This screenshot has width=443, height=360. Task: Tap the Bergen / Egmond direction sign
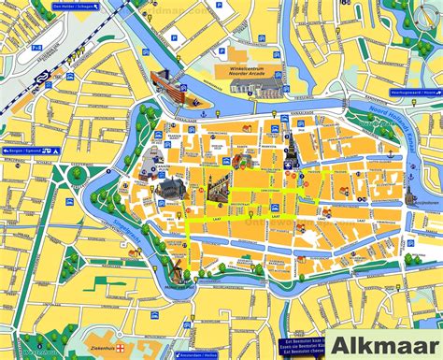click(x=21, y=151)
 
